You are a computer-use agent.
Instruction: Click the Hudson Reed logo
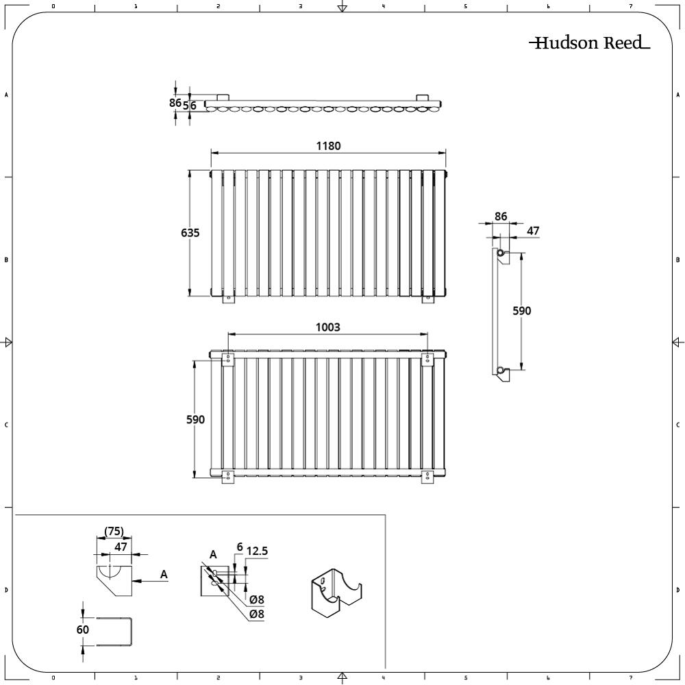click(x=589, y=42)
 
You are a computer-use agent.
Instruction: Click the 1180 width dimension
click(x=328, y=146)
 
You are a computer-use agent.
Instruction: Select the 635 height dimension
click(x=190, y=233)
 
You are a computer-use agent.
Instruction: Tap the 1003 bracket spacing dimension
click(x=327, y=327)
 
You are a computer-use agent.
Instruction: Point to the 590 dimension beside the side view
click(x=521, y=310)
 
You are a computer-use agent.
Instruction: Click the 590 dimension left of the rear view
click(x=195, y=419)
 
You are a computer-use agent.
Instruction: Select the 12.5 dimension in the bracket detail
click(x=257, y=551)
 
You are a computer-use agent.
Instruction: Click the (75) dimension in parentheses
click(x=114, y=532)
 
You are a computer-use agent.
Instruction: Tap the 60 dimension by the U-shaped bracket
click(x=83, y=630)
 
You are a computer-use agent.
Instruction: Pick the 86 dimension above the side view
click(x=501, y=216)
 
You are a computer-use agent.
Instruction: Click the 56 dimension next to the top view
click(x=190, y=105)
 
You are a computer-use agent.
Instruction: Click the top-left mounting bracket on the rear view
click(x=228, y=360)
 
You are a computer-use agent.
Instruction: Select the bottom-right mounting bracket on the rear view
click(x=427, y=477)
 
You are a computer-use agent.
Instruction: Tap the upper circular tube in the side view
click(x=500, y=253)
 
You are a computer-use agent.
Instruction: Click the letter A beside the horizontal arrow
click(x=164, y=574)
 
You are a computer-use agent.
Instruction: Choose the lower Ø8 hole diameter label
click(x=257, y=614)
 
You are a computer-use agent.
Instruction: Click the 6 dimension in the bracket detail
click(x=239, y=547)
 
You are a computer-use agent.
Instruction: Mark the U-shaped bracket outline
click(x=114, y=632)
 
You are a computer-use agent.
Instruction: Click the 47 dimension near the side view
click(x=533, y=231)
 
